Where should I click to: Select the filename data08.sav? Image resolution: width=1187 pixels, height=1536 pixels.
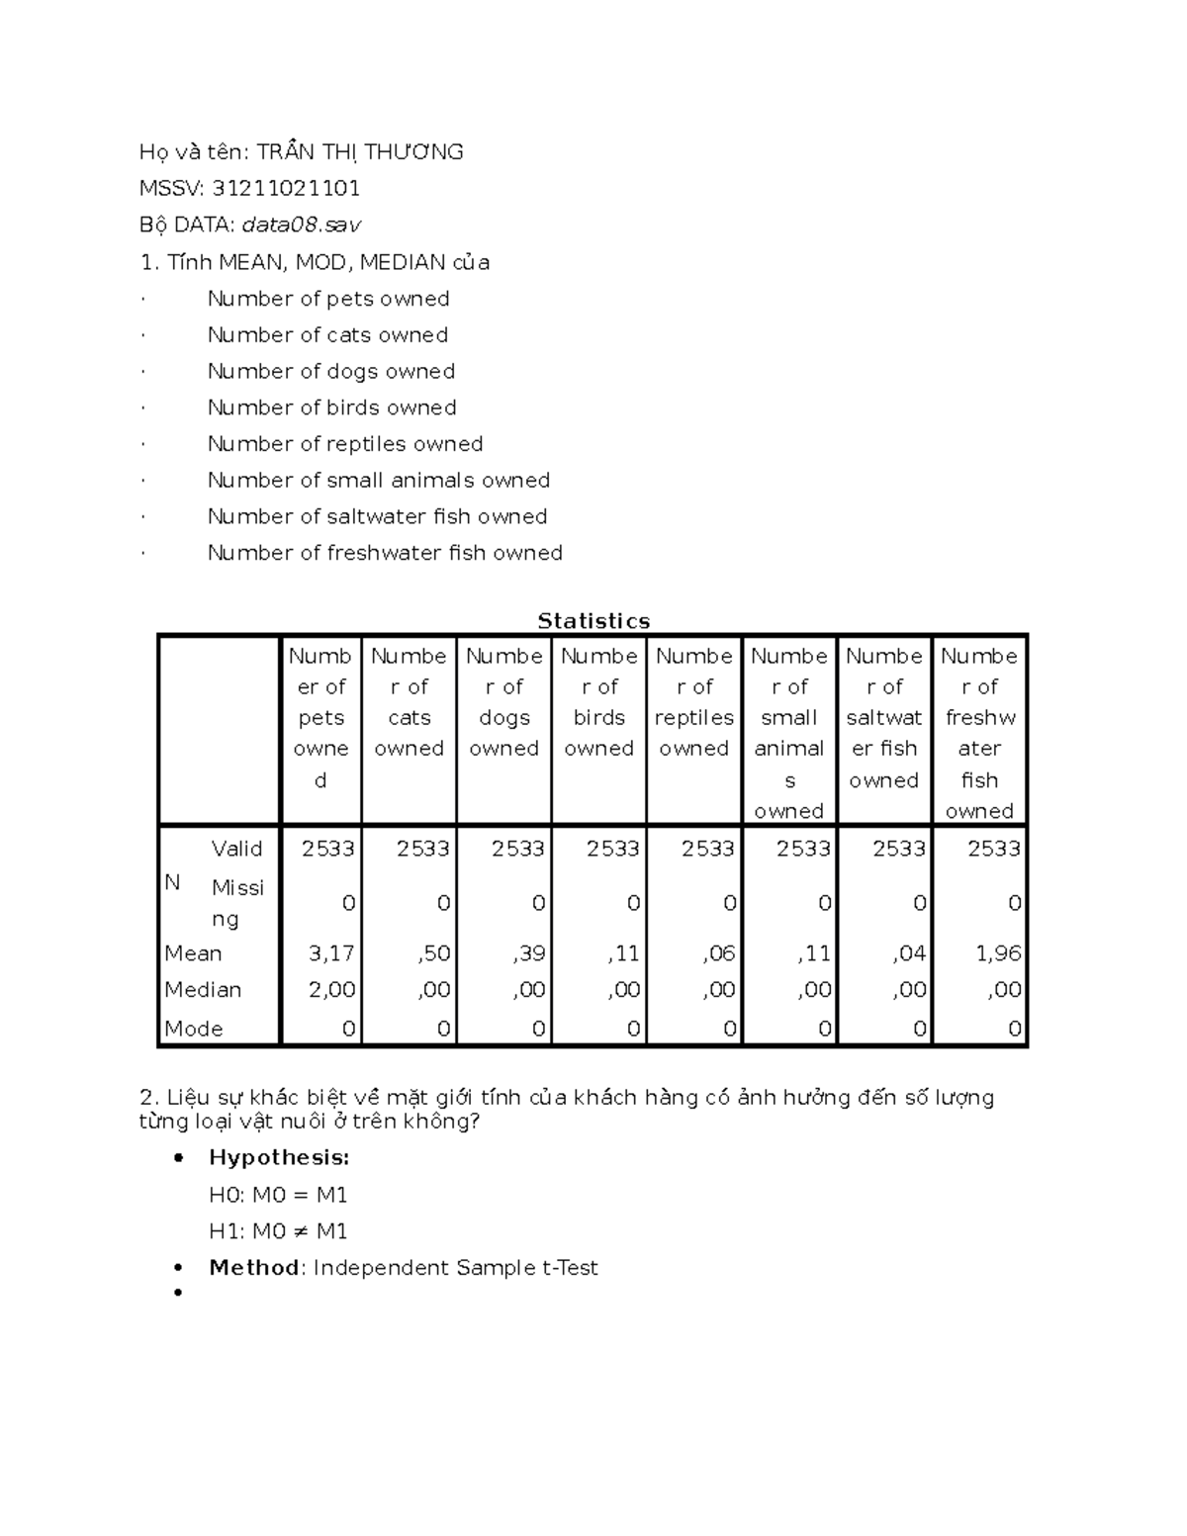(x=302, y=225)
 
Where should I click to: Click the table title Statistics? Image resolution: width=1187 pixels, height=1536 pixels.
(x=593, y=621)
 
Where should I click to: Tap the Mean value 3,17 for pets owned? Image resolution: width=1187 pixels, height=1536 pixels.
(x=330, y=953)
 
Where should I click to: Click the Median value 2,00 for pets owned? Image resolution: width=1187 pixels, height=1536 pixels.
(x=330, y=990)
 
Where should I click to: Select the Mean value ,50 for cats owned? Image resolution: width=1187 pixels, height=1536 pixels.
(x=433, y=953)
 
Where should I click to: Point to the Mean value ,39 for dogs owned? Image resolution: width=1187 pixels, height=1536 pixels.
(x=528, y=953)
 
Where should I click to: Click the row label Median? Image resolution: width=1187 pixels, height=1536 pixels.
(x=203, y=990)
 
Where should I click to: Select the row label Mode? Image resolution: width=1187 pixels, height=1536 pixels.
(x=194, y=1029)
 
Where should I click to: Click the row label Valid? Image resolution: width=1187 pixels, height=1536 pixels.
(x=236, y=849)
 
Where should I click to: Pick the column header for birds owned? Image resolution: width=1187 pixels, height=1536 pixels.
(x=599, y=702)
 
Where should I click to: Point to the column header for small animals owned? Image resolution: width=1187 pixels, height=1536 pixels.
(x=789, y=733)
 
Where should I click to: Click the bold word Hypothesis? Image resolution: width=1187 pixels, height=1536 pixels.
(x=279, y=1157)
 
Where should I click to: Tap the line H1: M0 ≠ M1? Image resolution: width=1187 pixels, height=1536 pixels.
(x=278, y=1231)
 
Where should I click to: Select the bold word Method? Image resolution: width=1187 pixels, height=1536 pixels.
(x=254, y=1268)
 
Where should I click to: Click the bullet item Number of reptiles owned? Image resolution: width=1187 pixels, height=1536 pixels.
(x=345, y=444)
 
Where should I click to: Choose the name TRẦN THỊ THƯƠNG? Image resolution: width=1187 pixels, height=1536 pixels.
(x=360, y=151)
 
